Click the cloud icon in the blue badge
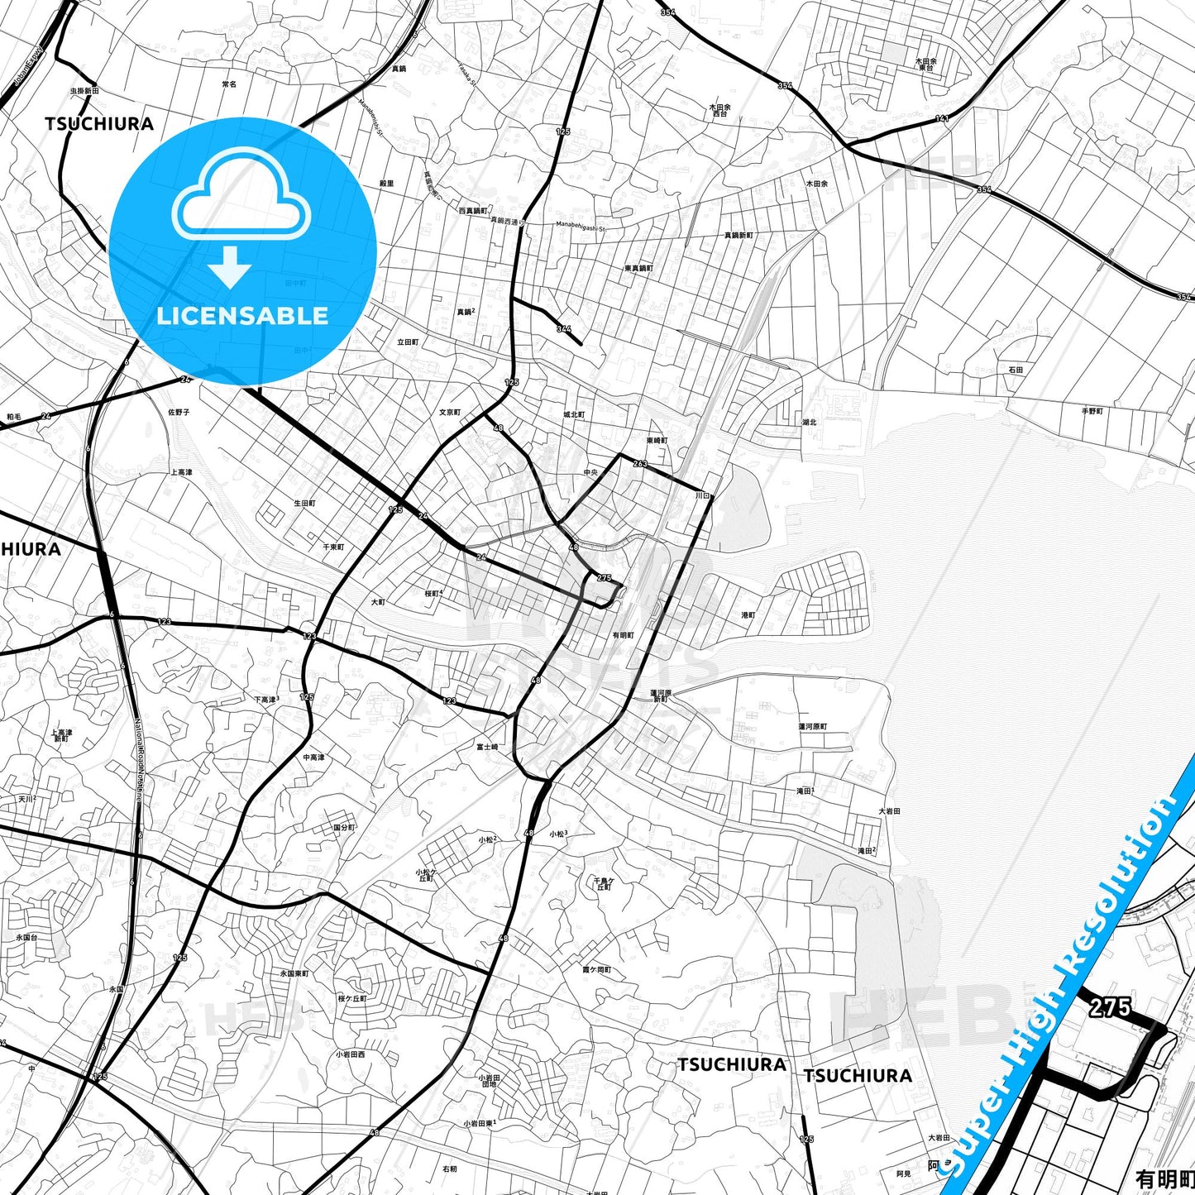point(241,197)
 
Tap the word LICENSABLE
point(242,316)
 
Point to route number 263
point(640,463)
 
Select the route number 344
point(564,328)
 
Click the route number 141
point(942,119)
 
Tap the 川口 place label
point(703,495)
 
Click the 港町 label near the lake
point(748,615)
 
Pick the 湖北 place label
point(809,422)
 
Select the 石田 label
point(1016,370)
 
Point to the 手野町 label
point(1092,411)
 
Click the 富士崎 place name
point(487,747)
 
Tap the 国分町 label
point(344,827)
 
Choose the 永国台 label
point(27,938)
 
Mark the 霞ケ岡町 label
point(596,969)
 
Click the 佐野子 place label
point(179,412)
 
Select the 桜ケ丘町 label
point(351,999)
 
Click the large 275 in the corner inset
point(1109,1006)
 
